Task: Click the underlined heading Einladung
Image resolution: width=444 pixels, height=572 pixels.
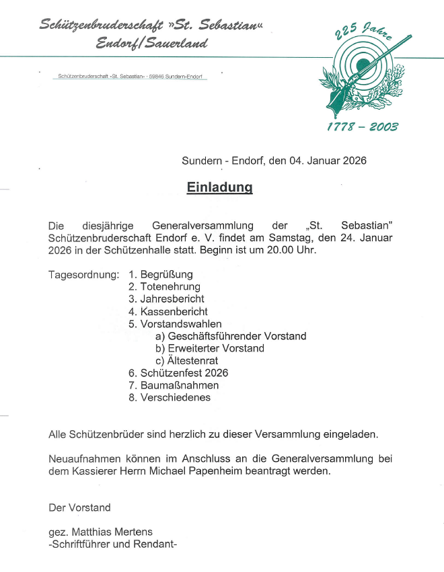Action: [219, 188]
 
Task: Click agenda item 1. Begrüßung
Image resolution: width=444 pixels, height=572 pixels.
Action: [161, 274]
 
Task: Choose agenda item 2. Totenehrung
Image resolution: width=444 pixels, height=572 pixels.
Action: [164, 287]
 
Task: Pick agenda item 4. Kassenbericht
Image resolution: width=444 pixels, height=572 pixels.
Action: [168, 311]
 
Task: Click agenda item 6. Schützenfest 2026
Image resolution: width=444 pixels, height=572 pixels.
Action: [178, 372]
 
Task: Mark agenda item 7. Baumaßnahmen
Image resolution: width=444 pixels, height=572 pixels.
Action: [174, 385]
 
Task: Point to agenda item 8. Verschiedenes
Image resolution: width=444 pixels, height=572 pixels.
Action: [170, 397]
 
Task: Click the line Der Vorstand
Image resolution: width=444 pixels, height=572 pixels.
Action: [79, 507]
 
